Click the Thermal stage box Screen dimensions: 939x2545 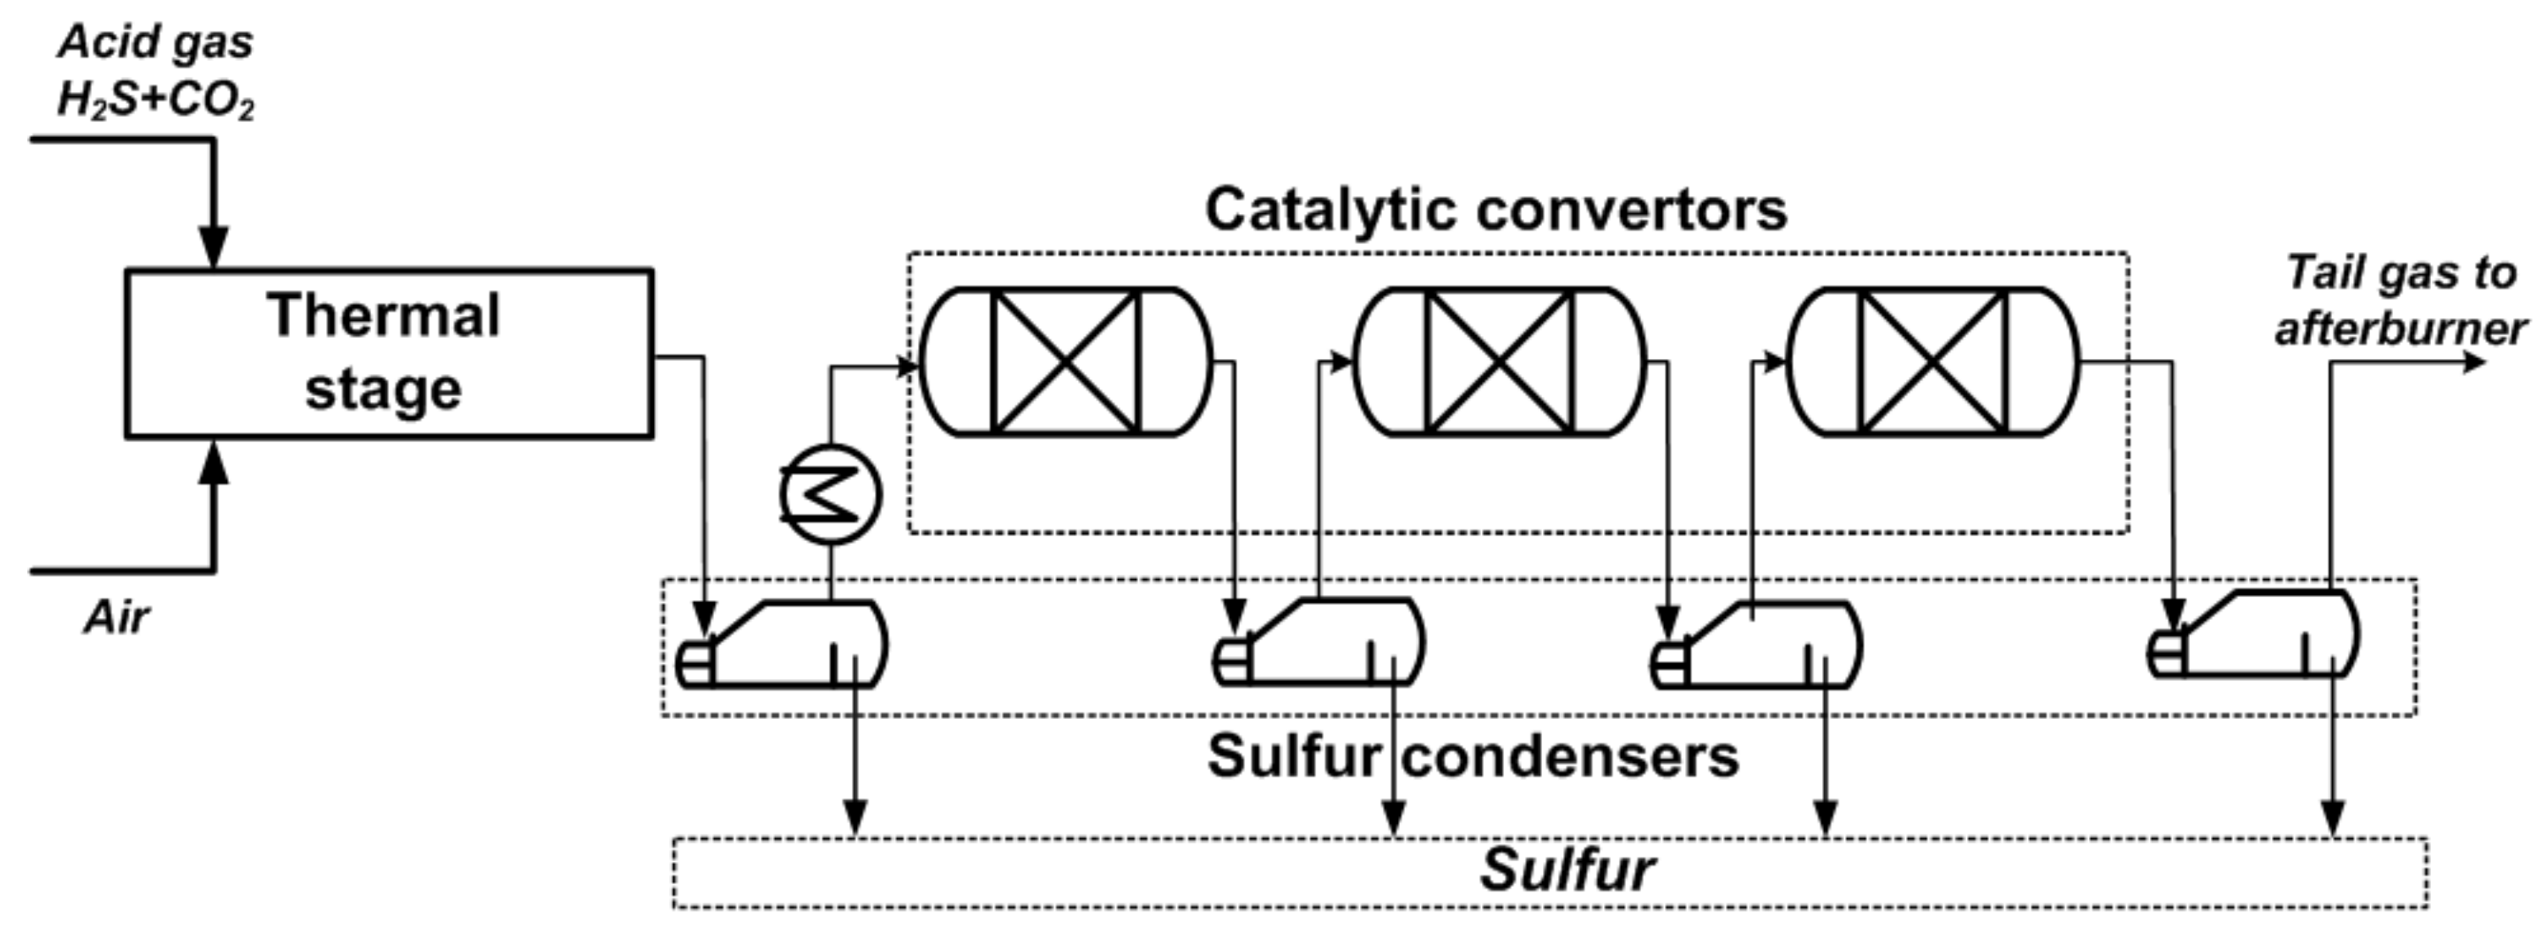388,352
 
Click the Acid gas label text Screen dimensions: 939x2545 156,42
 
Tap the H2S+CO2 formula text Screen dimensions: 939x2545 156,101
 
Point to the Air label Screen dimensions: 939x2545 117,618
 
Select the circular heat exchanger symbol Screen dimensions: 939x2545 830,494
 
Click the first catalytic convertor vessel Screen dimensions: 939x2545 1065,362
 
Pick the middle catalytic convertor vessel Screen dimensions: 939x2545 1499,362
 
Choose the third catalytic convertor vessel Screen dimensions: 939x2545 1933,362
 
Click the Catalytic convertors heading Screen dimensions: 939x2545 1496,210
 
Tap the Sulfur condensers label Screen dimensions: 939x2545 1472,757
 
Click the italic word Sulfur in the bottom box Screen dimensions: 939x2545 1566,871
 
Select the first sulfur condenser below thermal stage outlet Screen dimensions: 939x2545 786,645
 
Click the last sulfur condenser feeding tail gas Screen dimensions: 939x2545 2258,636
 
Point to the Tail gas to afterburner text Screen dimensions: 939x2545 2401,301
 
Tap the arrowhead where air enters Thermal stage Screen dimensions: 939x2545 213,461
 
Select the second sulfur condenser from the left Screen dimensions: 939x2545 1322,645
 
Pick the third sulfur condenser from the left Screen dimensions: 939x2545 1759,645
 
